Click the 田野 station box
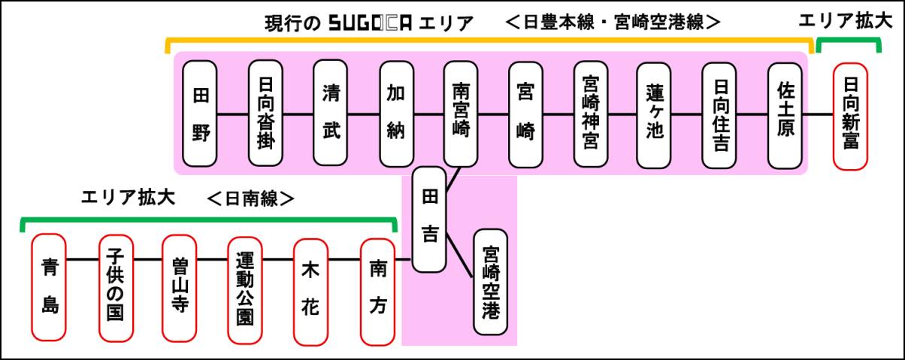pos(201,114)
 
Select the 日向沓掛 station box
pos(266,114)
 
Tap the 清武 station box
pos(331,114)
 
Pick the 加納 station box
pos(396,114)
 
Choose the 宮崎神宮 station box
pos(591,114)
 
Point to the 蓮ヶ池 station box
pos(654,114)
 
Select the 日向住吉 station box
pos(719,114)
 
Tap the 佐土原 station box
pos(785,114)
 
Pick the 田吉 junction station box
pos(429,219)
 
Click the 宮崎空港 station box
pos(491,281)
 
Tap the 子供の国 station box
pos(116,287)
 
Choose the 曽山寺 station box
pos(179,287)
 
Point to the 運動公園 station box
pos(244,287)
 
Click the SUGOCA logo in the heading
pos(371,23)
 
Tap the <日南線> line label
pos(250,199)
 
